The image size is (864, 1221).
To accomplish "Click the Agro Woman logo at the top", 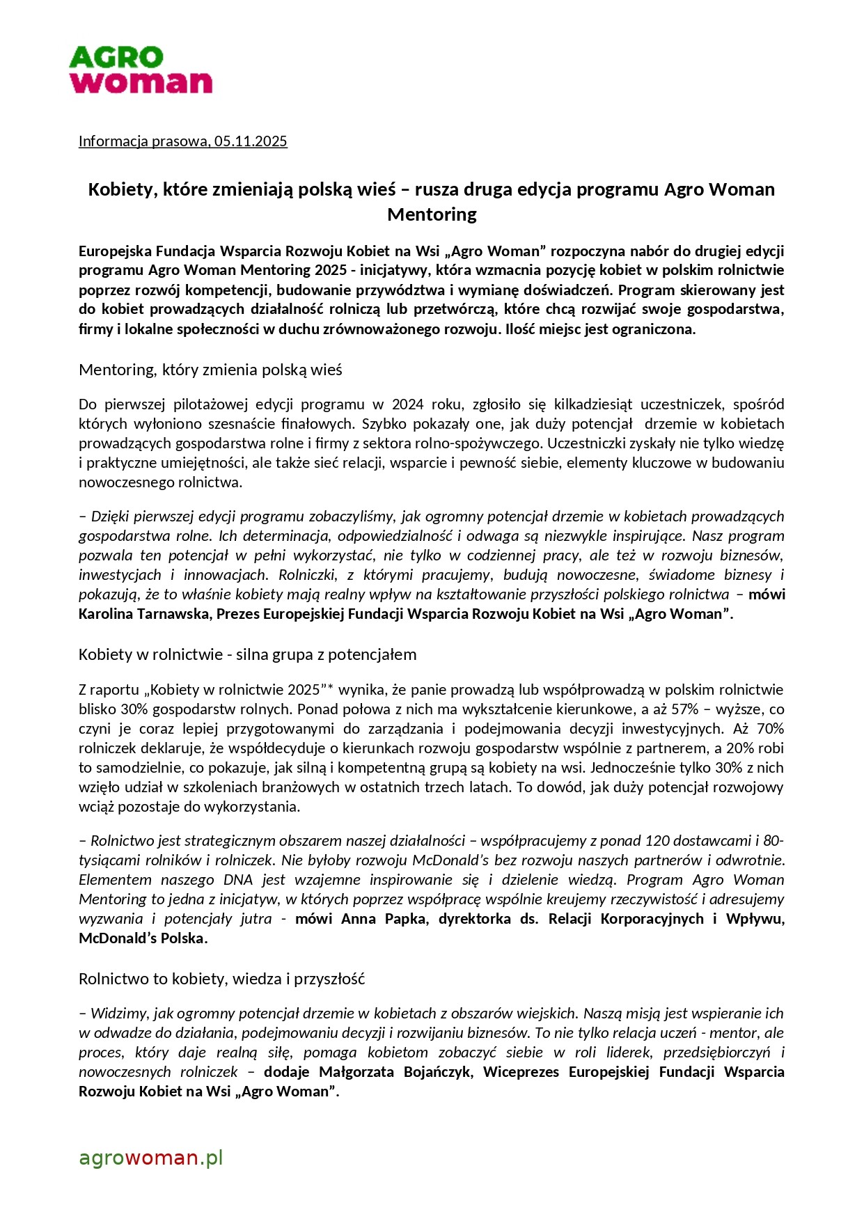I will click(x=140, y=70).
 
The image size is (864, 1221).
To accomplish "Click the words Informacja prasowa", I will click(x=143, y=141).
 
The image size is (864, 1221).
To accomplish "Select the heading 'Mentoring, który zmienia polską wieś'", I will click(x=210, y=370).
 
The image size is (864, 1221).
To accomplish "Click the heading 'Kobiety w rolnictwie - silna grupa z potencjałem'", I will click(x=247, y=654).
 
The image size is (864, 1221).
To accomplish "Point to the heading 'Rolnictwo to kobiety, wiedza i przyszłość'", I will click(x=221, y=979).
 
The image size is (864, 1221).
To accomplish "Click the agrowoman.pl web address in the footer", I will click(x=150, y=1158).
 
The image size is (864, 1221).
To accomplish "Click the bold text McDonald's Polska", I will click(x=143, y=938).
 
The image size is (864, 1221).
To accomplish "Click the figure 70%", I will click(x=769, y=729).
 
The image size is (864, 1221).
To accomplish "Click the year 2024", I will click(x=407, y=404).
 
